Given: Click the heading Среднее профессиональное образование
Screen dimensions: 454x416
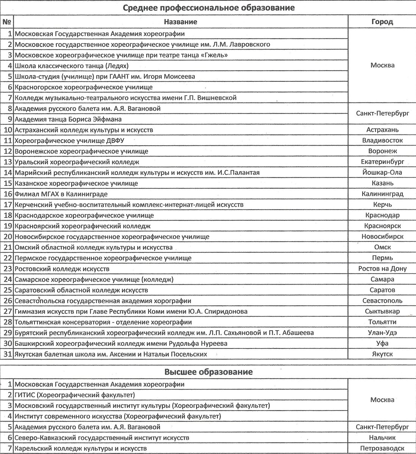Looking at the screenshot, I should pos(208,8).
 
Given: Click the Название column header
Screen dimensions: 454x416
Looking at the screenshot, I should pos(181,22).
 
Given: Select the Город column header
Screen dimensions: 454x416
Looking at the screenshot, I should pos(382,22).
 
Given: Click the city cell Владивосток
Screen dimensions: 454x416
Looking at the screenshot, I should pos(382,140).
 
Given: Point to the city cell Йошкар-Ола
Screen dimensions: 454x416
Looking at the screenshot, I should pos(382,173).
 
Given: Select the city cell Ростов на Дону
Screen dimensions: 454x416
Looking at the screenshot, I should pos(382,269).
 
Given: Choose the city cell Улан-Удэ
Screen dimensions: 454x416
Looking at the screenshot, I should pos(382,333).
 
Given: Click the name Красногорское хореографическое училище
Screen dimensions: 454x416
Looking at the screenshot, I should pos(83,87).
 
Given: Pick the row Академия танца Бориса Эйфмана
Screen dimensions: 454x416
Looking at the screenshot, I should pos(68,119).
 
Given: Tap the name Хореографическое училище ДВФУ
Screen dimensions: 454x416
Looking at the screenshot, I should pos(69,140).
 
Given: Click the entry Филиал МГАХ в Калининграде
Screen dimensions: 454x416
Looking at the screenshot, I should pos(61,194).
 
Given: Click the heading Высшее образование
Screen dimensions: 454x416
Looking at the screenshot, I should pos(208,372).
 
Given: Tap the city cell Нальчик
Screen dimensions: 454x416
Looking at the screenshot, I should pos(382,438).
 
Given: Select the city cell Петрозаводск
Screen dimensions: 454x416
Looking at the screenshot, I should pos(382,448).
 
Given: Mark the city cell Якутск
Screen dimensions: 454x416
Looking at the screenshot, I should pos(382,354).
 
